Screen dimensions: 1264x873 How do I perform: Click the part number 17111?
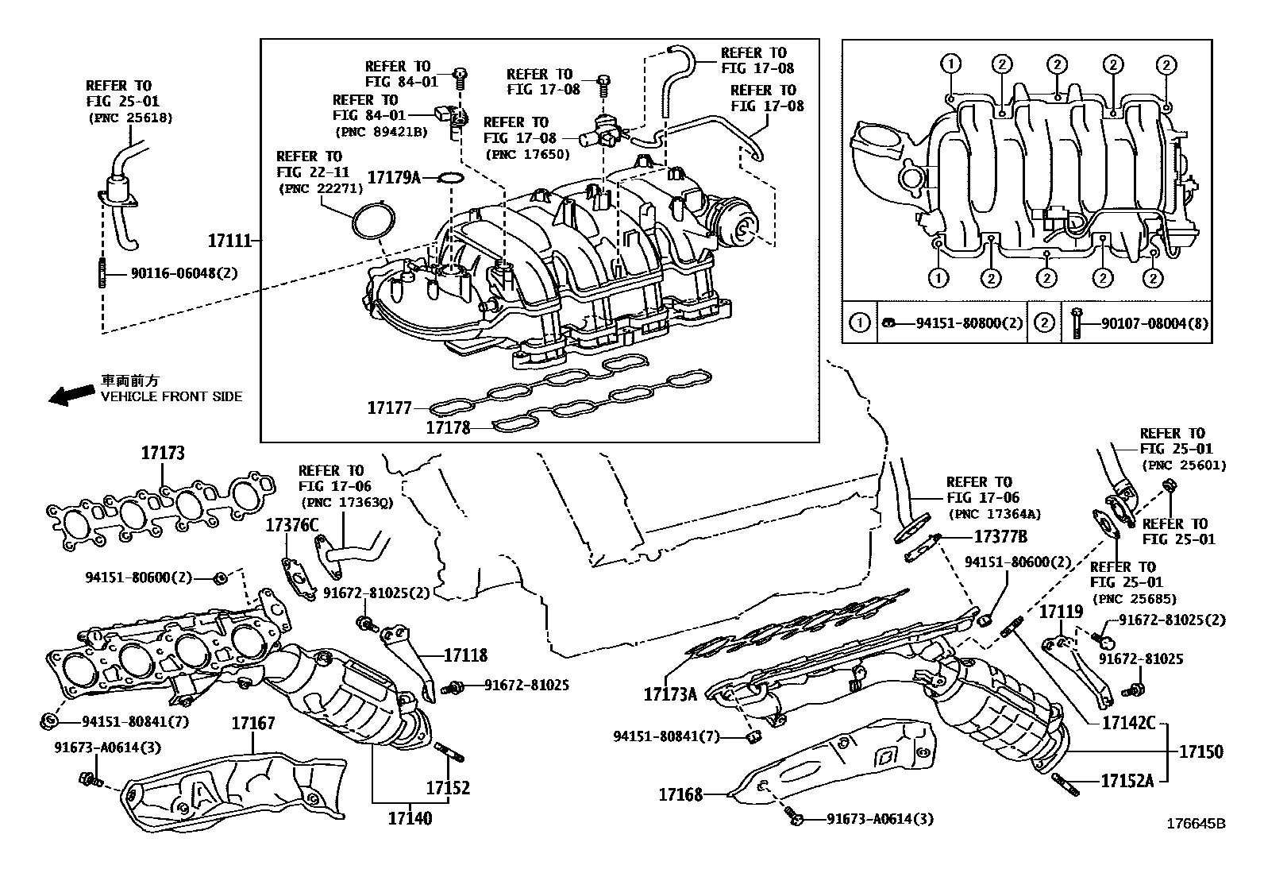coord(229,241)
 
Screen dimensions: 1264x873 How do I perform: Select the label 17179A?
coord(394,178)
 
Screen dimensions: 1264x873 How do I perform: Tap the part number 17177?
coord(389,408)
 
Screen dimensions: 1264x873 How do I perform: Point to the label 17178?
coord(448,427)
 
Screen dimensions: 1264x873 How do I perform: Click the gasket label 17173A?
coord(670,694)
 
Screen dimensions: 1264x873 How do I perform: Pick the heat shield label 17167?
coord(253,723)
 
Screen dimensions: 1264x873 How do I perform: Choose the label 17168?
coord(680,794)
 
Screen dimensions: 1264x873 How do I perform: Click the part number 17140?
coord(410,818)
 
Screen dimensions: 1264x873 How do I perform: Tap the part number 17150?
coord(1201,751)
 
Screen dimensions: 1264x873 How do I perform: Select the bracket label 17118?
coord(465,655)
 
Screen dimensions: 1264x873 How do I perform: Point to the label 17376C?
coord(291,525)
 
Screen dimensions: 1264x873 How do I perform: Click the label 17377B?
coord(1000,536)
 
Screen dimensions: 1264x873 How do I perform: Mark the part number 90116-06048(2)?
coord(184,273)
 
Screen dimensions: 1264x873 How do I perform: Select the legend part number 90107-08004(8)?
coord(1155,323)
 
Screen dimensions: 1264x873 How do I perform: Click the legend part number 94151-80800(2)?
coord(969,323)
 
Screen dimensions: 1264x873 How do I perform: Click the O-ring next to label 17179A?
coord(452,179)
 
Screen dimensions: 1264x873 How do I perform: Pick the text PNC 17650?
coord(528,153)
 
